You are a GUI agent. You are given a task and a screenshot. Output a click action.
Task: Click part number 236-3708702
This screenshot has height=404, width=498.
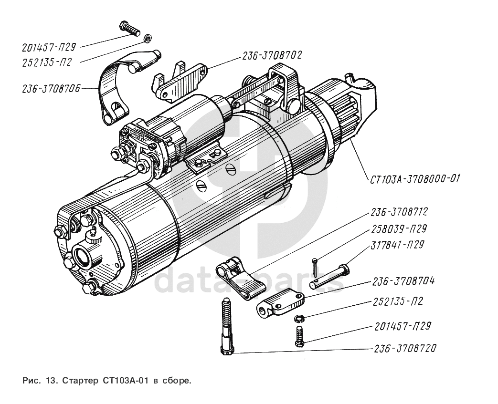[x=272, y=55]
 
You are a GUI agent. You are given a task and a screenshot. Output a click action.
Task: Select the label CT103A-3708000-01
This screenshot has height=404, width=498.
[x=414, y=179]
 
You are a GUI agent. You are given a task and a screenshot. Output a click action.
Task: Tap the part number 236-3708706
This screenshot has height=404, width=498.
[x=51, y=88]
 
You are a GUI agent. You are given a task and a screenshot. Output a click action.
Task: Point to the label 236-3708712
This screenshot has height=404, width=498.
[x=399, y=211]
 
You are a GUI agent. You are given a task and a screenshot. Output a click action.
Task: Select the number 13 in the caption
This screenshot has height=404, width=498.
[x=51, y=381]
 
